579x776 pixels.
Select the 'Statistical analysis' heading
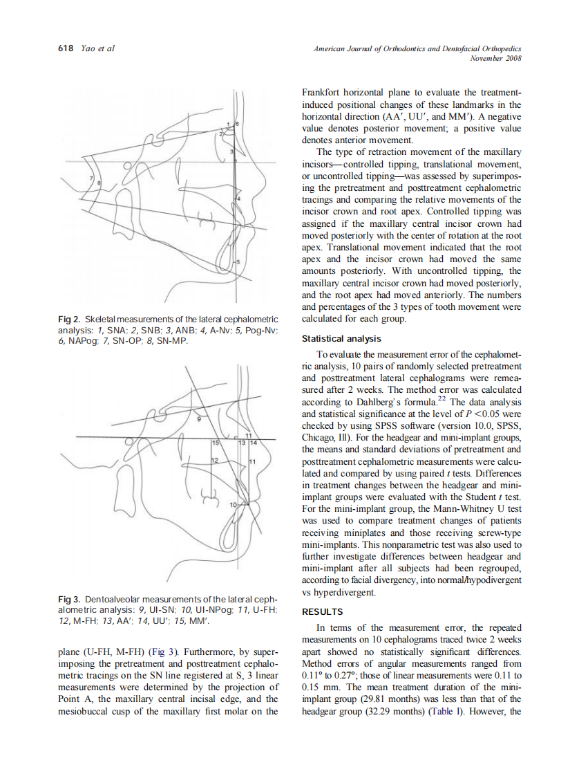click(x=341, y=338)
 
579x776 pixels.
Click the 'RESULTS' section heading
click(x=323, y=611)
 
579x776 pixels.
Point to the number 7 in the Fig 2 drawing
click(x=93, y=178)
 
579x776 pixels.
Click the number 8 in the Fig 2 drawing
click(x=99, y=182)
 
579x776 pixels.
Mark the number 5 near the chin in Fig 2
click(x=238, y=261)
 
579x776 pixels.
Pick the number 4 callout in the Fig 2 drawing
click(x=238, y=198)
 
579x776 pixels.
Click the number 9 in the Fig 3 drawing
click(x=199, y=419)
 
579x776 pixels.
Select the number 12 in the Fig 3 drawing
click(x=214, y=460)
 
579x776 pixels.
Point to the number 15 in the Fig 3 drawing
click(x=215, y=442)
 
